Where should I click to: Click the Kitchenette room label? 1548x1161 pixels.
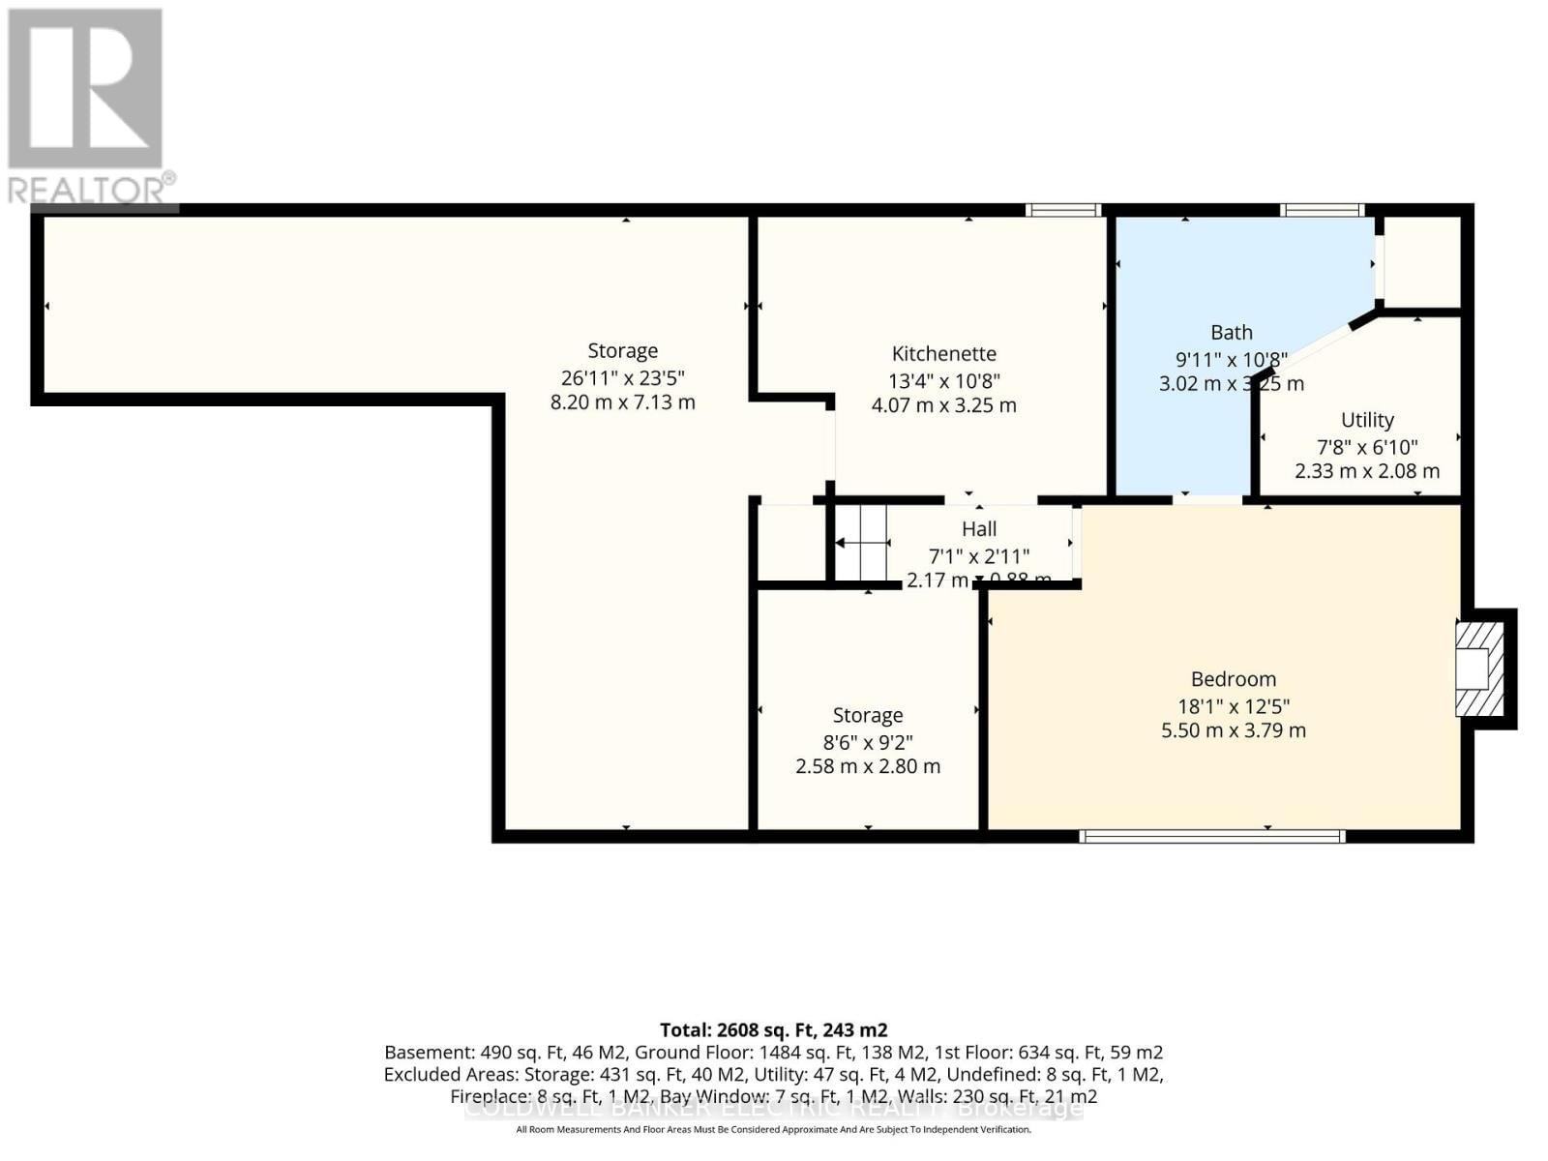tap(943, 354)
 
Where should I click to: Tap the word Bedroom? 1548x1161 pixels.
tap(1233, 679)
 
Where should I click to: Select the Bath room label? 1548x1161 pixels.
tap(1231, 333)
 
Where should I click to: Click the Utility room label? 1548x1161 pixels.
tap(1366, 420)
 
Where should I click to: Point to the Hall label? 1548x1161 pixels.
tap(978, 529)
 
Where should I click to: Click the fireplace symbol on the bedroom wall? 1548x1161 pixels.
tap(1479, 669)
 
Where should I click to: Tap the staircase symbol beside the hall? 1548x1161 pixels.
tap(861, 544)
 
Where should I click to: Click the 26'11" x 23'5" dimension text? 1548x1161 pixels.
tap(622, 377)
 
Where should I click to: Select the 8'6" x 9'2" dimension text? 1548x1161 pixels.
tap(867, 742)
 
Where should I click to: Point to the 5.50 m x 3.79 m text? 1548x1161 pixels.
tap(1233, 730)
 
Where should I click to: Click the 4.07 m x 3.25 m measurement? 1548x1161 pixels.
tap(943, 405)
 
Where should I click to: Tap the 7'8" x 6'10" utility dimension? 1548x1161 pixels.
tap(1366, 447)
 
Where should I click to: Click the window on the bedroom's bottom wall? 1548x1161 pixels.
tap(1211, 836)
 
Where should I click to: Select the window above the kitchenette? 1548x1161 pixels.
tap(1062, 210)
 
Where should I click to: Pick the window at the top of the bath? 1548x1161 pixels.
tap(1322, 210)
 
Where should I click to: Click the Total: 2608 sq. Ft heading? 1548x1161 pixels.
tap(773, 1029)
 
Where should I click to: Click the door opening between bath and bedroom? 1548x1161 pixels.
tap(1207, 500)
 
